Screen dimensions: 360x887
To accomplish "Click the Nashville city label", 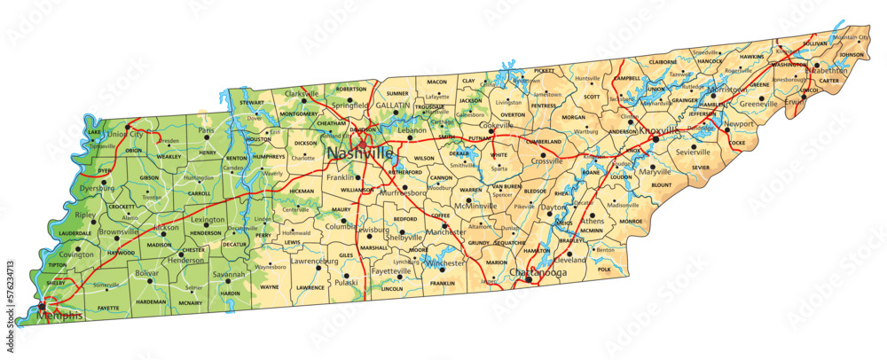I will point(360,153).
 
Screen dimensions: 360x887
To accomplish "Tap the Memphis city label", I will point(60,316).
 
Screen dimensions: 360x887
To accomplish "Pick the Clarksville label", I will point(302,93).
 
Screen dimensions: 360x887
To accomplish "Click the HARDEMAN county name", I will point(151,301).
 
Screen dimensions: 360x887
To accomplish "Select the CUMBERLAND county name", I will point(544,141).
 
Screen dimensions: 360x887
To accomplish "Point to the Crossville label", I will point(547,160).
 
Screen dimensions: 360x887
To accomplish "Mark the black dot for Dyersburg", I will point(104,183).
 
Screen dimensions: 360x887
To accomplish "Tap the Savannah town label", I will point(228,275).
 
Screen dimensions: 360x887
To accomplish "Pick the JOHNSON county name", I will point(851,55).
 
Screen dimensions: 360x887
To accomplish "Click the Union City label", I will point(125,134).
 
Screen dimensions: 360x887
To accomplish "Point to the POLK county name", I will point(605,269).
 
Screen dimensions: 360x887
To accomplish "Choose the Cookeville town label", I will point(496,125).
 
